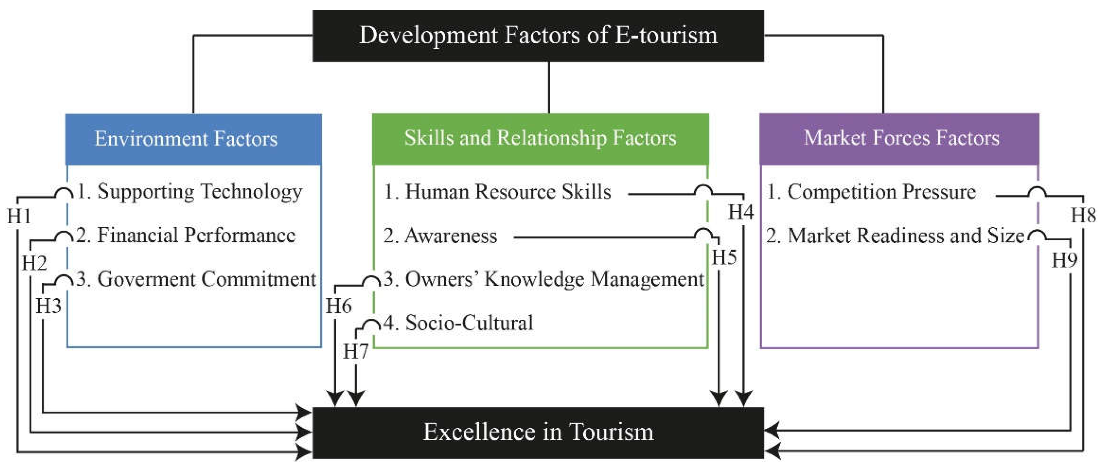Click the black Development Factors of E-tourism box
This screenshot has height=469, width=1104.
pyautogui.click(x=538, y=36)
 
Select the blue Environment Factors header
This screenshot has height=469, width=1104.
pyautogui.click(x=193, y=139)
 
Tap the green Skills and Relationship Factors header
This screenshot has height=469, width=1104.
pyautogui.click(x=540, y=139)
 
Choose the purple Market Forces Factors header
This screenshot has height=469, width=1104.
pyautogui.click(x=899, y=139)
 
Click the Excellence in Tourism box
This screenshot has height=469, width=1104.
pyautogui.click(x=538, y=432)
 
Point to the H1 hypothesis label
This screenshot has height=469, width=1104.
pyautogui.click(x=19, y=216)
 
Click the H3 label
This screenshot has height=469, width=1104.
pyautogui.click(x=48, y=306)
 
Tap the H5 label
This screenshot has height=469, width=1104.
pyautogui.click(x=724, y=258)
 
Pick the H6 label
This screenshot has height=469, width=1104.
pyautogui.click(x=339, y=306)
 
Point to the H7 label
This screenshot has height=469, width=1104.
pyautogui.click(x=356, y=352)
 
